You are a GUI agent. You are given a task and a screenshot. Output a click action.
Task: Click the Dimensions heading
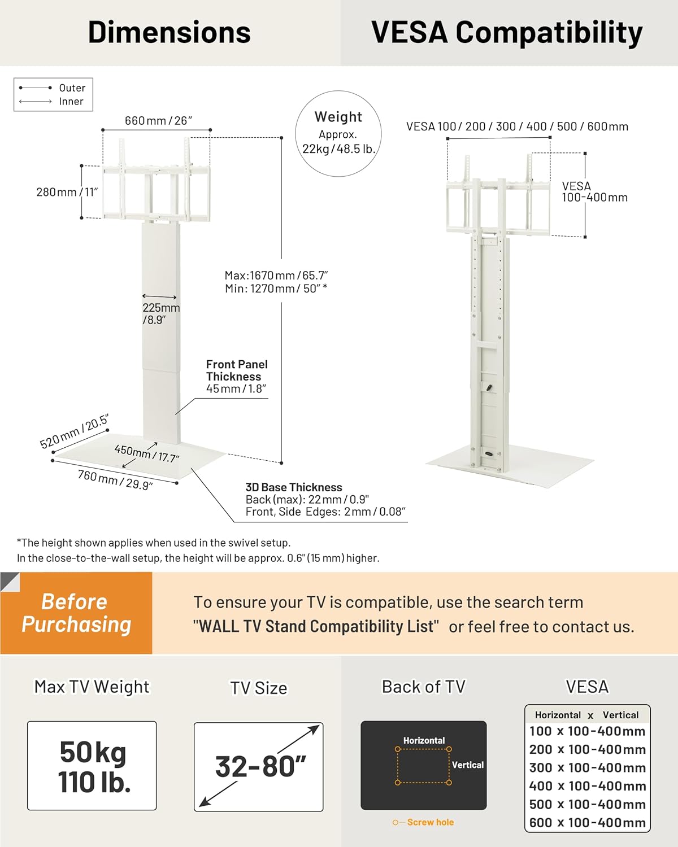tap(169, 32)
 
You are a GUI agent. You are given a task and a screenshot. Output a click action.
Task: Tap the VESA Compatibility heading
tap(507, 33)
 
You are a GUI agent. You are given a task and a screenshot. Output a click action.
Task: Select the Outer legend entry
tap(72, 88)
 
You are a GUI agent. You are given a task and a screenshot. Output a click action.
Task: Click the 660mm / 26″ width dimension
tap(158, 120)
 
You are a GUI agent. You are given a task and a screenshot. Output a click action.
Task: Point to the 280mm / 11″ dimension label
tap(67, 192)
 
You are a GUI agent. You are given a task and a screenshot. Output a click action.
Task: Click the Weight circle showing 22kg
tap(338, 133)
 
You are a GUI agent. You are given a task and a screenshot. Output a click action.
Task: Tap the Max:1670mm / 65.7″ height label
tap(276, 275)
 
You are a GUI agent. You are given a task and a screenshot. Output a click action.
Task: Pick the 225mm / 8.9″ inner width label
tap(160, 313)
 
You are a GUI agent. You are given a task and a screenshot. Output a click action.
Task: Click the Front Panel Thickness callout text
tap(237, 370)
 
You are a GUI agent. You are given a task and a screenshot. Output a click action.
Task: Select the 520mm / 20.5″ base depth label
tap(74, 431)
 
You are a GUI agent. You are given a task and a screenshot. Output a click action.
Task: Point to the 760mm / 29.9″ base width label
tap(115, 480)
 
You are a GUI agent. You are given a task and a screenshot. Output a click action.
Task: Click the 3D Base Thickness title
tap(294, 487)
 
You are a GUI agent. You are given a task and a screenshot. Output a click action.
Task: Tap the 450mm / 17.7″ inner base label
tap(146, 453)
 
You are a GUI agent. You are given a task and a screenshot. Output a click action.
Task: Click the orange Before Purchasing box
tap(76, 613)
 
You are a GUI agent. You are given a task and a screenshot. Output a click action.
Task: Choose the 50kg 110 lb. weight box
tap(92, 766)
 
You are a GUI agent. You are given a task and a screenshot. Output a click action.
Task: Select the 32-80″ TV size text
tap(260, 766)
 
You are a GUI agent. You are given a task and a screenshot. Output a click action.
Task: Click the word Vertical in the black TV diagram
tap(468, 765)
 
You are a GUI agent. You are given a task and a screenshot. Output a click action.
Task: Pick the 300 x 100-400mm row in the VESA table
tap(588, 767)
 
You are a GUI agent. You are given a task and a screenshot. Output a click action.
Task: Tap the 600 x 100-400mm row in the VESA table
tap(588, 823)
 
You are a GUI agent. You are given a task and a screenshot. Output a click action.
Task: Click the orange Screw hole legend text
tap(430, 822)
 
